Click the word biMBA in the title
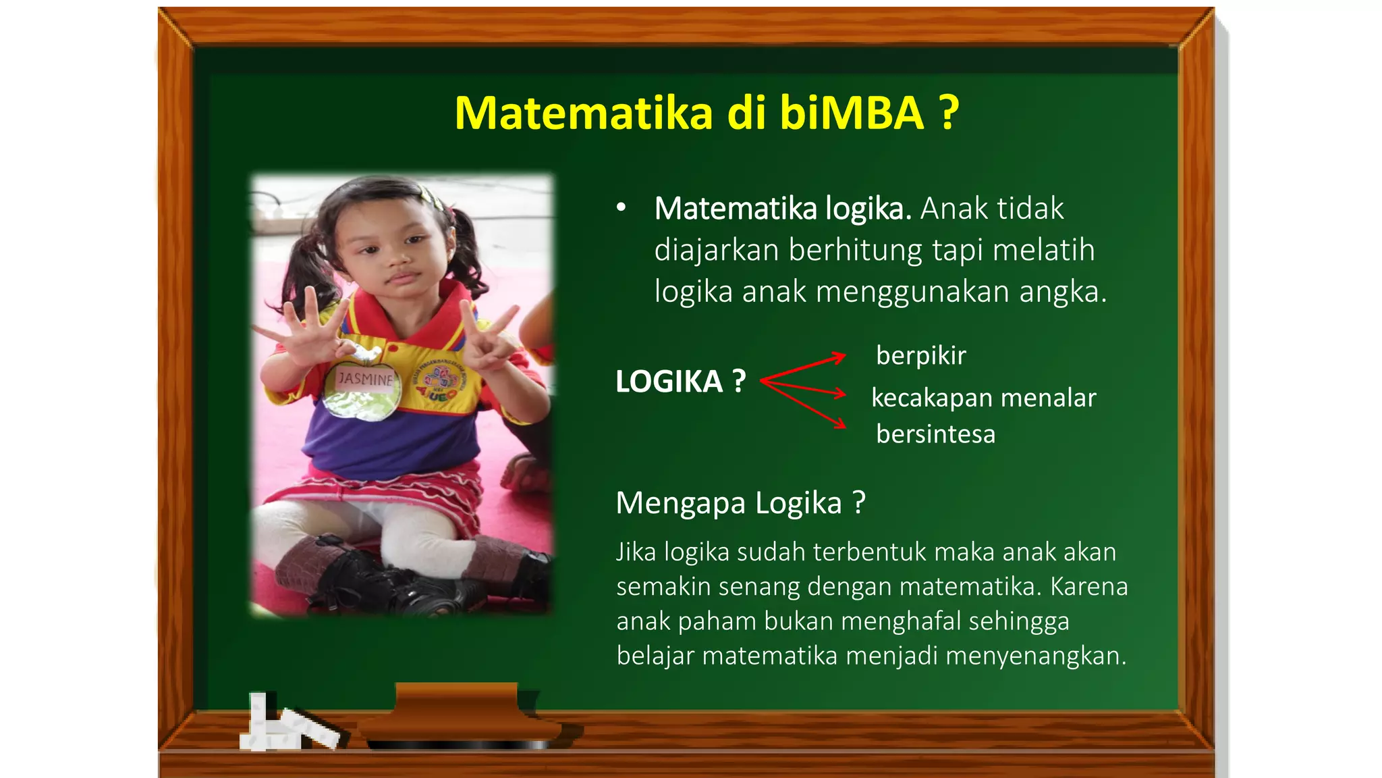tap(852, 113)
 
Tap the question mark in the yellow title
tap(949, 113)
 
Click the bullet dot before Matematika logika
tap(621, 208)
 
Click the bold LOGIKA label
tap(669, 382)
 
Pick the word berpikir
tap(921, 356)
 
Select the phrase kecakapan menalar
tap(984, 398)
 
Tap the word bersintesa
tap(935, 434)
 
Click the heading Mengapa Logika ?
tap(740, 503)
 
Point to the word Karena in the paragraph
tap(1089, 586)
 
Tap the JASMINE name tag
tap(365, 379)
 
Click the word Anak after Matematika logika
tap(951, 208)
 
